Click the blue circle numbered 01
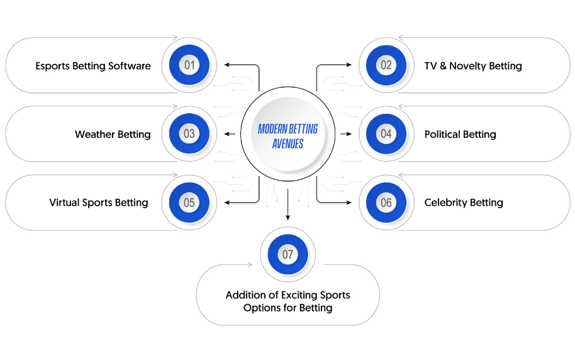point(189,65)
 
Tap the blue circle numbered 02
point(386,65)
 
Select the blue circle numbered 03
point(189,133)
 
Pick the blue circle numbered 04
point(386,133)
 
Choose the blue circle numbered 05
point(189,202)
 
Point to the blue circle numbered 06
point(386,202)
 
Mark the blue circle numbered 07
point(288,254)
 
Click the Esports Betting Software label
point(93,66)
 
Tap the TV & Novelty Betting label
point(473,66)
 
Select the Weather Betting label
point(113,134)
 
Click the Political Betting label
point(461,134)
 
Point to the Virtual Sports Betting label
point(99,203)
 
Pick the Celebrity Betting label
point(464,203)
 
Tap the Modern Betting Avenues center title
point(288,136)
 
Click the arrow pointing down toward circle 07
point(288,205)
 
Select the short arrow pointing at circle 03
point(230,134)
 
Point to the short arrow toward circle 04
point(346,134)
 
